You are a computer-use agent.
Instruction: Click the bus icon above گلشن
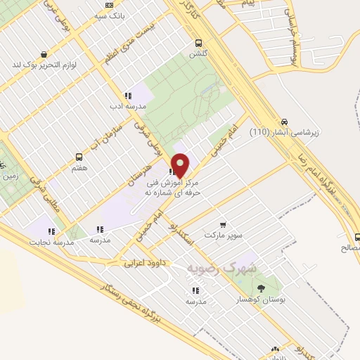tap(199, 42)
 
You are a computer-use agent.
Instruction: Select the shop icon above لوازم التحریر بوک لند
tap(44, 53)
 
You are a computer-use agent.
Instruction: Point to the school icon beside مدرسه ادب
tap(127, 96)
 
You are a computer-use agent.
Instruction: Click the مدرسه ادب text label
tap(127, 106)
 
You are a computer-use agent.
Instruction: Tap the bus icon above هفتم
tap(79, 157)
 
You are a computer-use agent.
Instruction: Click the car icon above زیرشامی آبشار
tap(284, 120)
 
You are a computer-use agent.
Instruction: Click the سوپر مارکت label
tap(223, 235)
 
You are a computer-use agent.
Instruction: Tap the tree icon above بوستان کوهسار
tap(262, 288)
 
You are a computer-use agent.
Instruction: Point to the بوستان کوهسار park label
tap(262, 299)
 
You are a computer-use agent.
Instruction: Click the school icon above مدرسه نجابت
tap(51, 231)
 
